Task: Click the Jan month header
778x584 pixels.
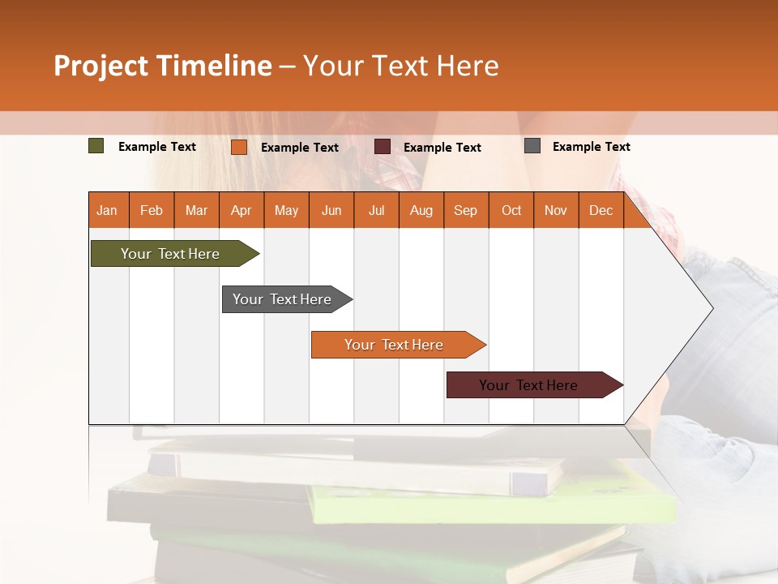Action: pyautogui.click(x=108, y=210)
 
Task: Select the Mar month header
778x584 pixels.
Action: pyautogui.click(x=196, y=210)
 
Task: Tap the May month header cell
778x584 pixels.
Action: pyautogui.click(x=286, y=210)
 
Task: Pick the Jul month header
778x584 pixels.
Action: pyautogui.click(x=376, y=210)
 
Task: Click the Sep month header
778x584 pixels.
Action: pyautogui.click(x=465, y=210)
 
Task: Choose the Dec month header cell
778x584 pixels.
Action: pyautogui.click(x=601, y=210)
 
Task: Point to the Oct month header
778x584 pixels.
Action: pyautogui.click(x=511, y=210)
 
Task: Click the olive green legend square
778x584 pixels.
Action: pyautogui.click(x=96, y=146)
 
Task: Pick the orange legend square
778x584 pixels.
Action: pyautogui.click(x=239, y=147)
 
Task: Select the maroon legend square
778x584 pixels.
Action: pyautogui.click(x=383, y=147)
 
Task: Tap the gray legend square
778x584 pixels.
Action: pyautogui.click(x=532, y=146)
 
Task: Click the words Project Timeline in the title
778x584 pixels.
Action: pyautogui.click(x=163, y=66)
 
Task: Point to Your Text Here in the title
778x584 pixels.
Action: pyautogui.click(x=400, y=66)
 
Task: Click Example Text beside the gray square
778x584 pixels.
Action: pyautogui.click(x=591, y=147)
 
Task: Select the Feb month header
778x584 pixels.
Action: pyautogui.click(x=152, y=210)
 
